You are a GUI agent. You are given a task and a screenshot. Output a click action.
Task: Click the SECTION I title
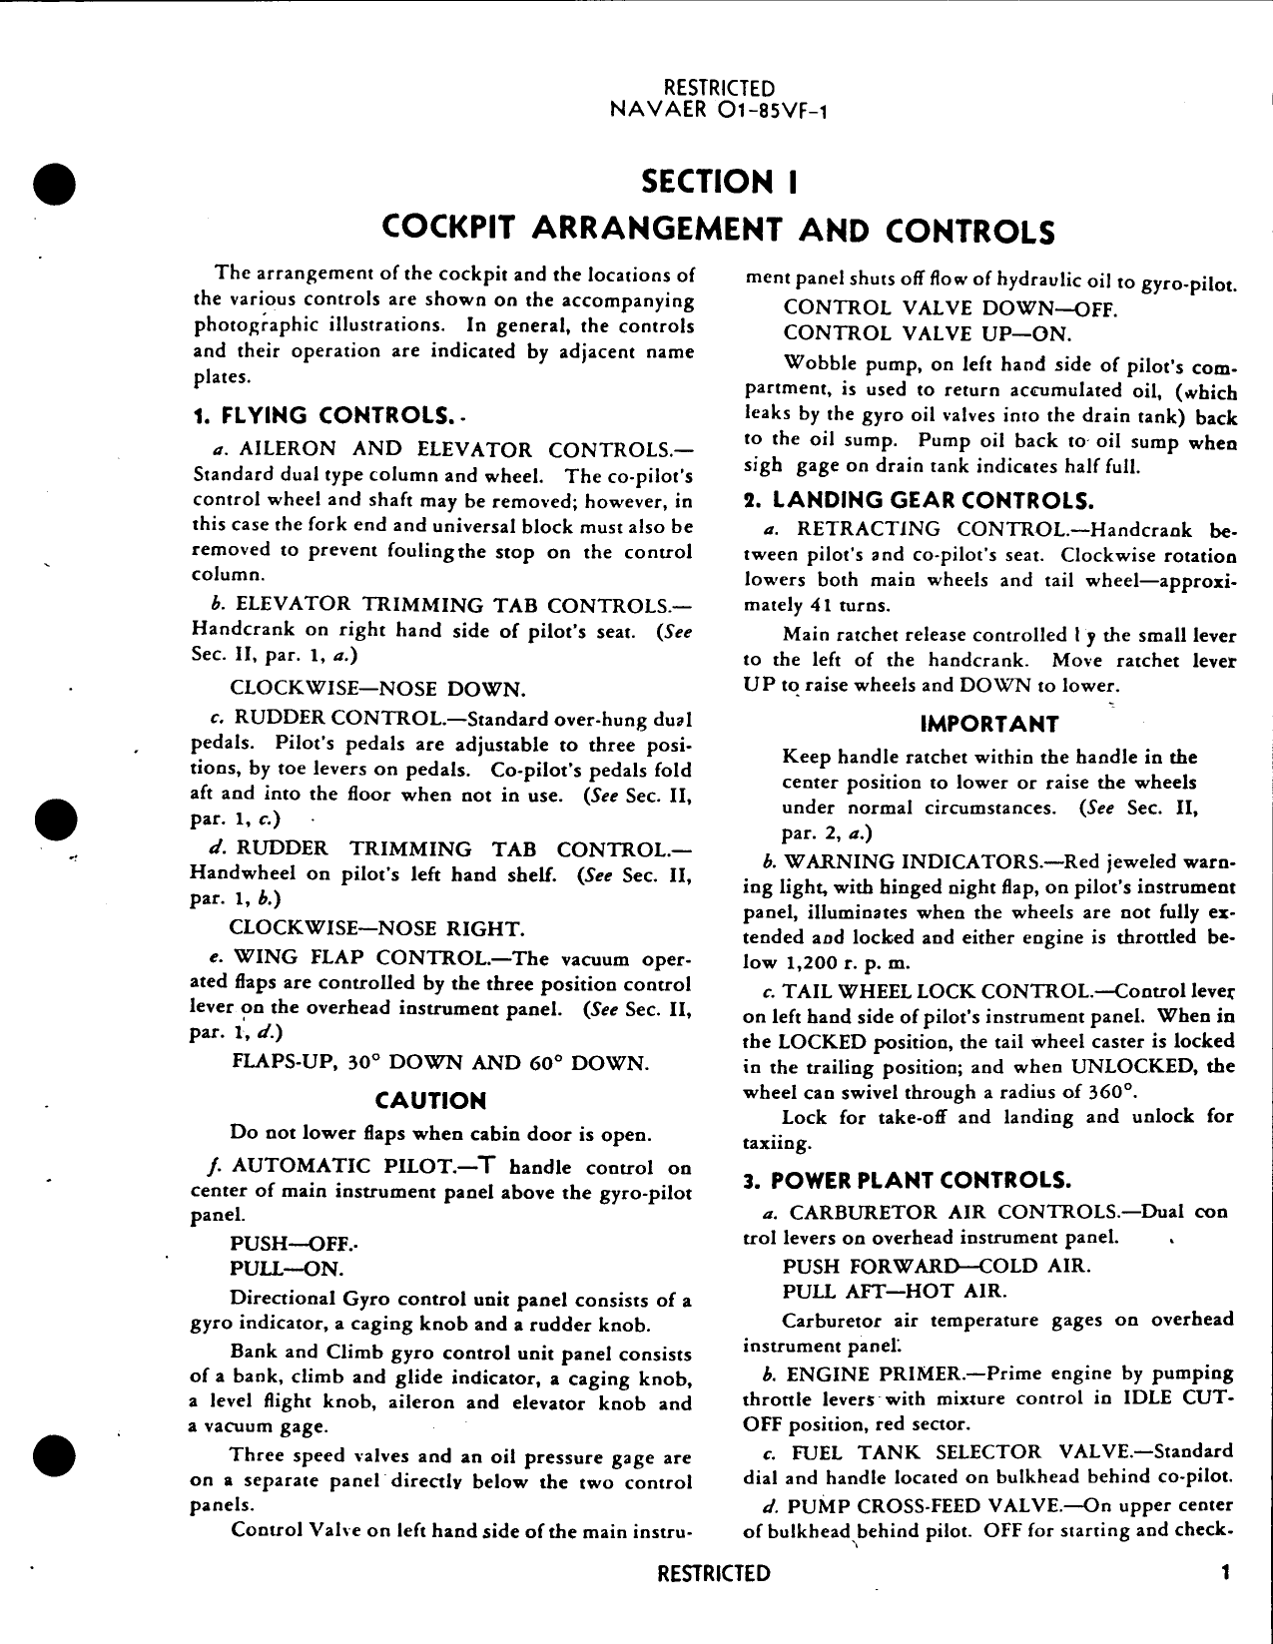point(718,182)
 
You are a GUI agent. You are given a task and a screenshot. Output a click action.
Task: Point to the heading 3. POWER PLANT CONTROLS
point(907,1181)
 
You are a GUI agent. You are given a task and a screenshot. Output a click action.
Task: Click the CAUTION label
point(430,1101)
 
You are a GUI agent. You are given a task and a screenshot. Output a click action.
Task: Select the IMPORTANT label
point(988,724)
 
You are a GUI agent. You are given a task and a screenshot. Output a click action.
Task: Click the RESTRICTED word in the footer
point(715,1574)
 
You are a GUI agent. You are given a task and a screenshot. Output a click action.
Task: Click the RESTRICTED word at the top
point(718,90)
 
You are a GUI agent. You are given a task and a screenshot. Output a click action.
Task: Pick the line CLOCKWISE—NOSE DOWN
point(377,690)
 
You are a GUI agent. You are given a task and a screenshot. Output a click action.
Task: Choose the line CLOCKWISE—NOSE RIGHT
point(376,929)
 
